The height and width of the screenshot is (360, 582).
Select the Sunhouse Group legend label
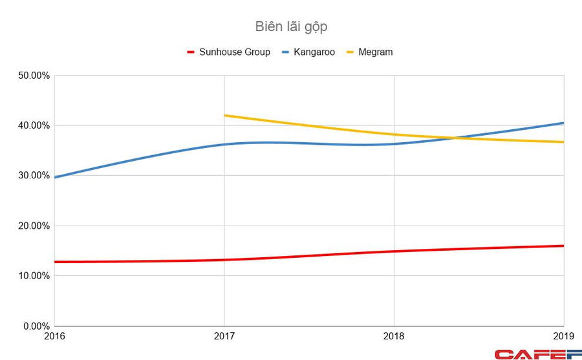pyautogui.click(x=233, y=52)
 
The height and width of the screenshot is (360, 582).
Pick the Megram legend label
pyautogui.click(x=375, y=52)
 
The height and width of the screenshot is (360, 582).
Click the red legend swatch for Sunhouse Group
pyautogui.click(x=191, y=52)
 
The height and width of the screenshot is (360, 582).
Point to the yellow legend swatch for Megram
pyautogui.click(x=348, y=52)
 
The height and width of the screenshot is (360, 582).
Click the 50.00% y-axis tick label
pyautogui.click(x=31, y=76)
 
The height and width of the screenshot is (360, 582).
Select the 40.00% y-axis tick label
pyautogui.click(x=31, y=125)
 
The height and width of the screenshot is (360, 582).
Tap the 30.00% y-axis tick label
pyautogui.click(x=31, y=176)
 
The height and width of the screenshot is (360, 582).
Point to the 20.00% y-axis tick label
pyautogui.click(x=31, y=226)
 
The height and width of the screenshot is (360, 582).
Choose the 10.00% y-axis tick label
pyautogui.click(x=31, y=276)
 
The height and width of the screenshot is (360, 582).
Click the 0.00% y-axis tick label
pyautogui.click(x=34, y=326)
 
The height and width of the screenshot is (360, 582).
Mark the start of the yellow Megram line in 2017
pyautogui.click(x=224, y=116)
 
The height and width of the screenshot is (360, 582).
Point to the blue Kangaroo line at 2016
pyautogui.click(x=55, y=177)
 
